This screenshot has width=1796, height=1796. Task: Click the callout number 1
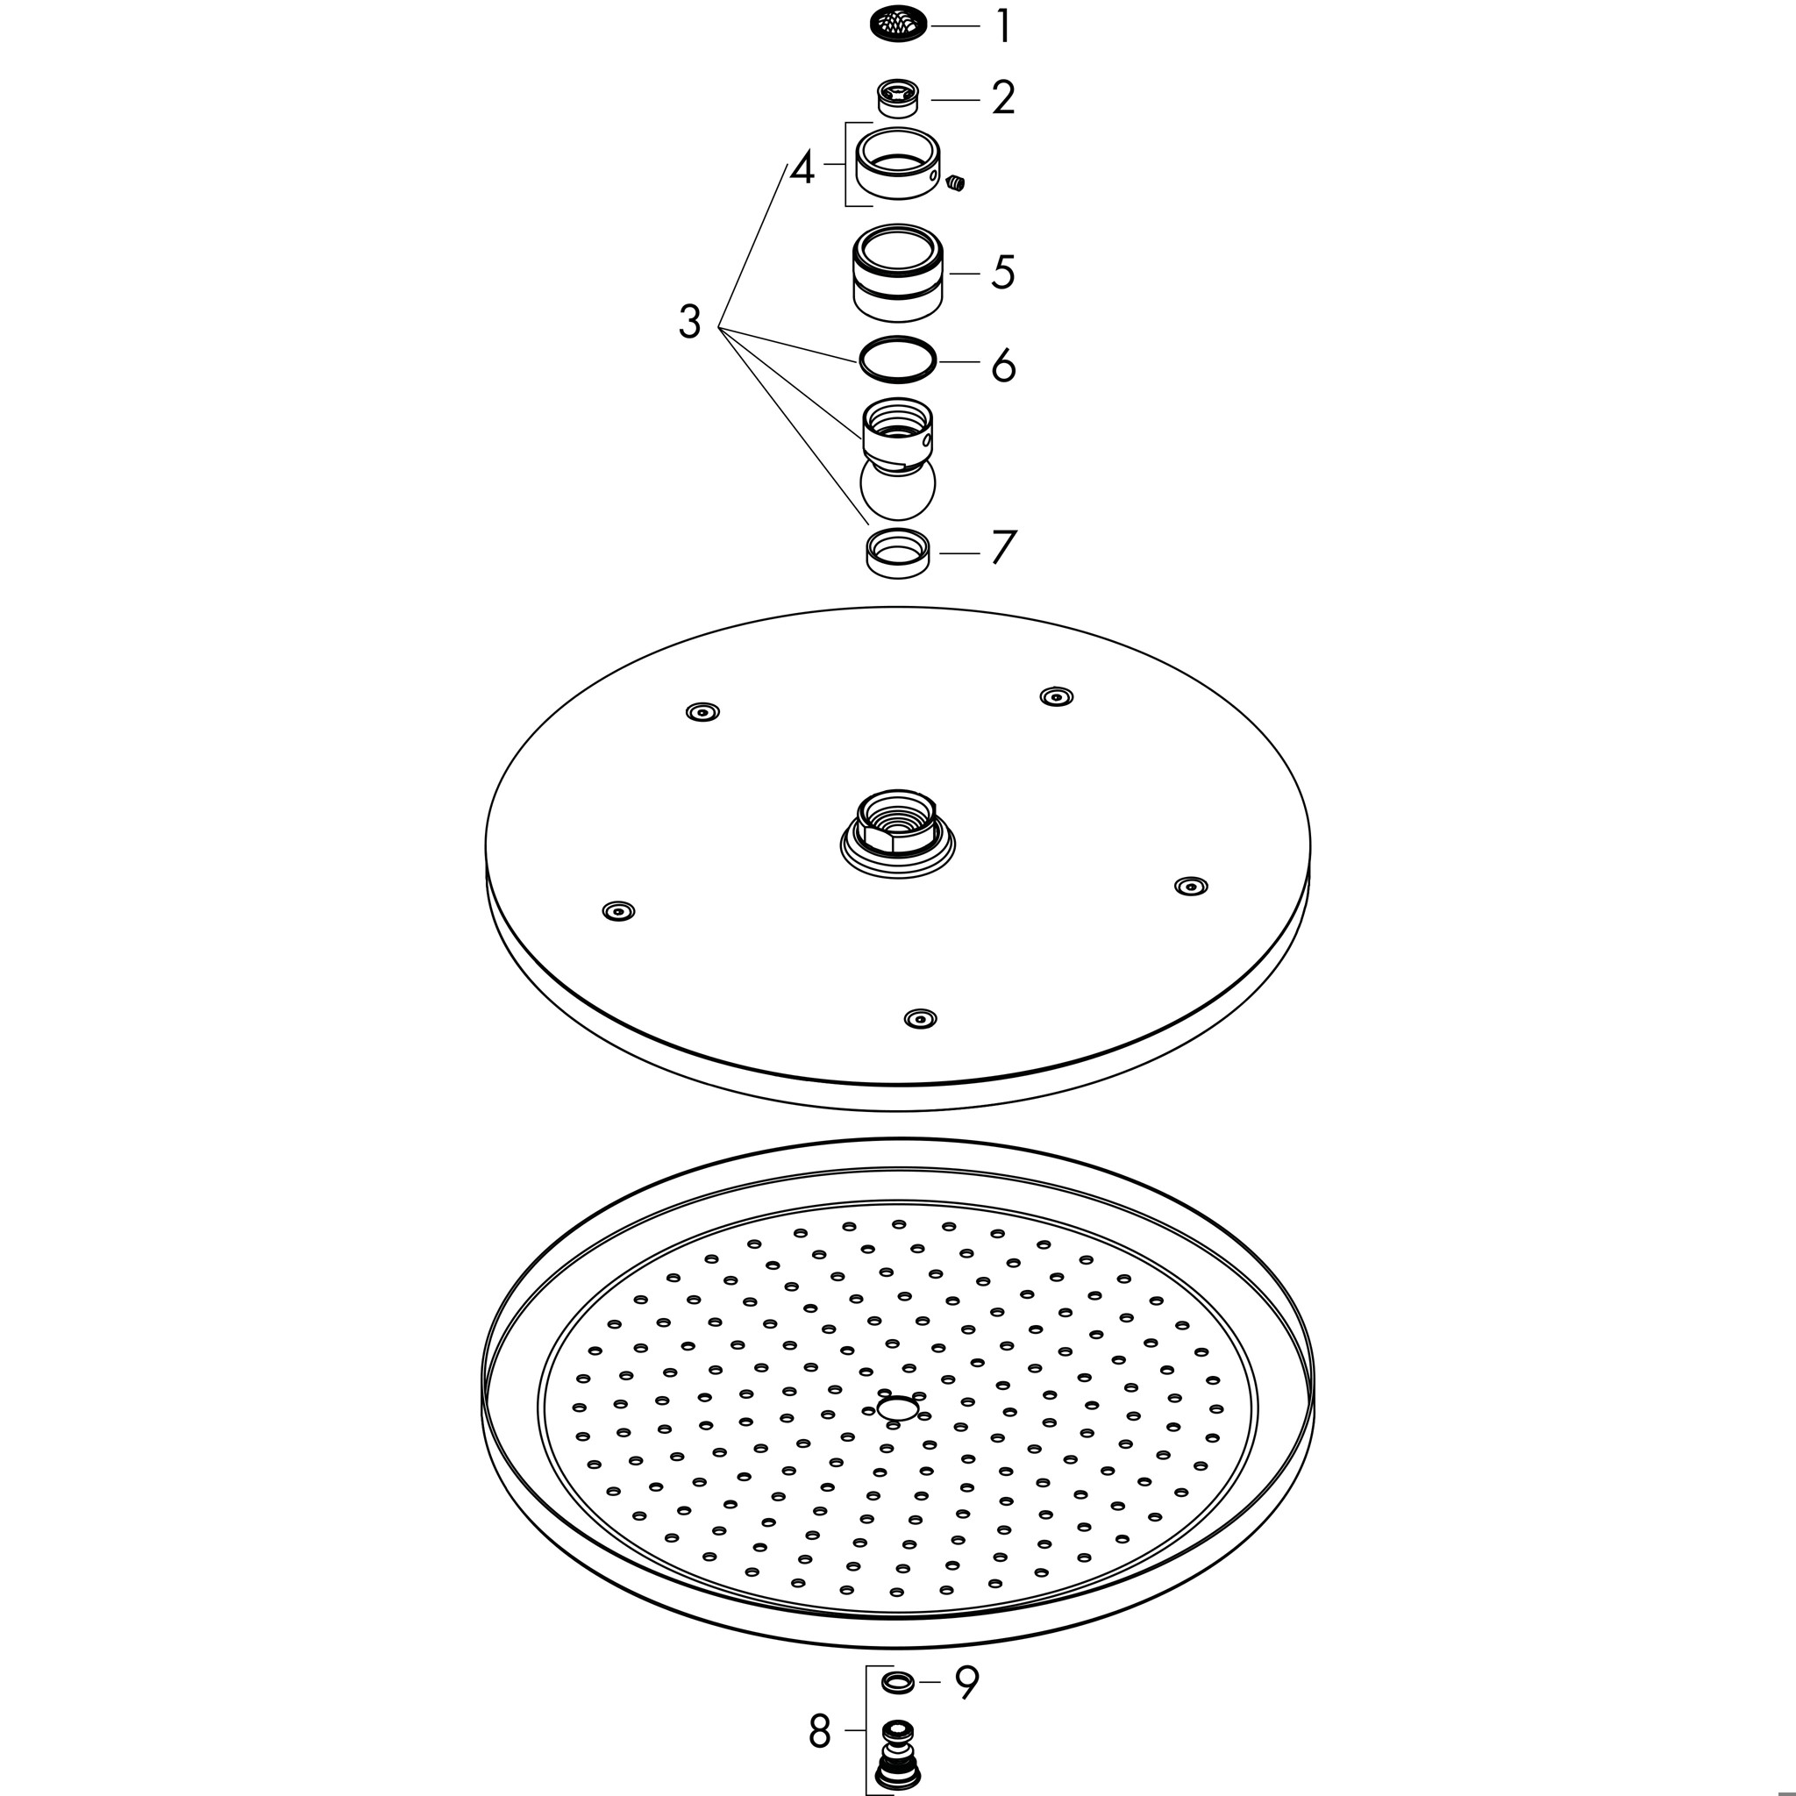click(1003, 26)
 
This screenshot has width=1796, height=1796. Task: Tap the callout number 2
click(1003, 98)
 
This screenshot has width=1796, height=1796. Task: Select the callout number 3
click(690, 322)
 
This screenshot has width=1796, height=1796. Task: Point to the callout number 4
click(802, 168)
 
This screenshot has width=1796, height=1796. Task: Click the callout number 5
click(1003, 273)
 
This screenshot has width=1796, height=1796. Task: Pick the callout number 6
click(1003, 365)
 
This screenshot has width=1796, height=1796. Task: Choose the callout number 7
click(1004, 547)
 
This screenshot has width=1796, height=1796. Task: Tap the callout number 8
click(819, 1731)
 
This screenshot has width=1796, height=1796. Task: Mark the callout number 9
click(966, 1681)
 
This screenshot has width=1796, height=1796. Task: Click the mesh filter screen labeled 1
click(897, 24)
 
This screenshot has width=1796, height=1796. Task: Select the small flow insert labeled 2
click(898, 97)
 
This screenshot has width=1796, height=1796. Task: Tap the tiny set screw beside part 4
click(956, 183)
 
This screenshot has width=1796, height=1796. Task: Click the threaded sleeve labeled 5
click(898, 273)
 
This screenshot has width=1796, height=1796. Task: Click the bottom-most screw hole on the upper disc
click(920, 1018)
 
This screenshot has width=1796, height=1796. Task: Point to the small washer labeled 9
click(897, 1681)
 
